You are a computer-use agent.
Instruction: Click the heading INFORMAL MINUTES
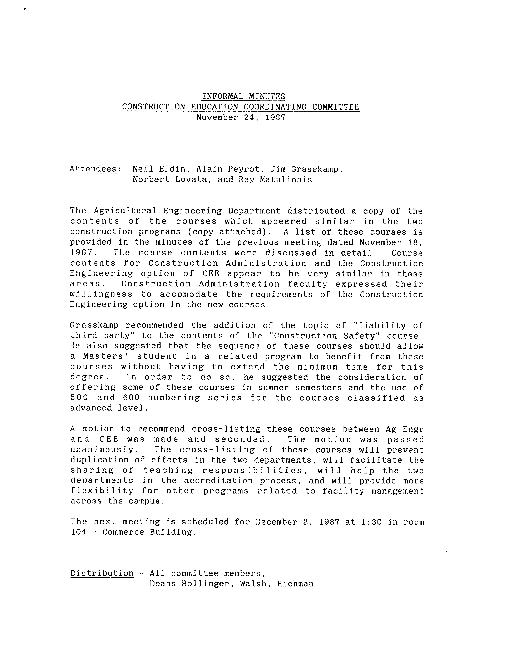(x=243, y=97)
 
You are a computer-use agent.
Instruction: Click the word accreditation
(x=218, y=481)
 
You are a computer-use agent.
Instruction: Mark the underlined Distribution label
(x=102, y=573)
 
